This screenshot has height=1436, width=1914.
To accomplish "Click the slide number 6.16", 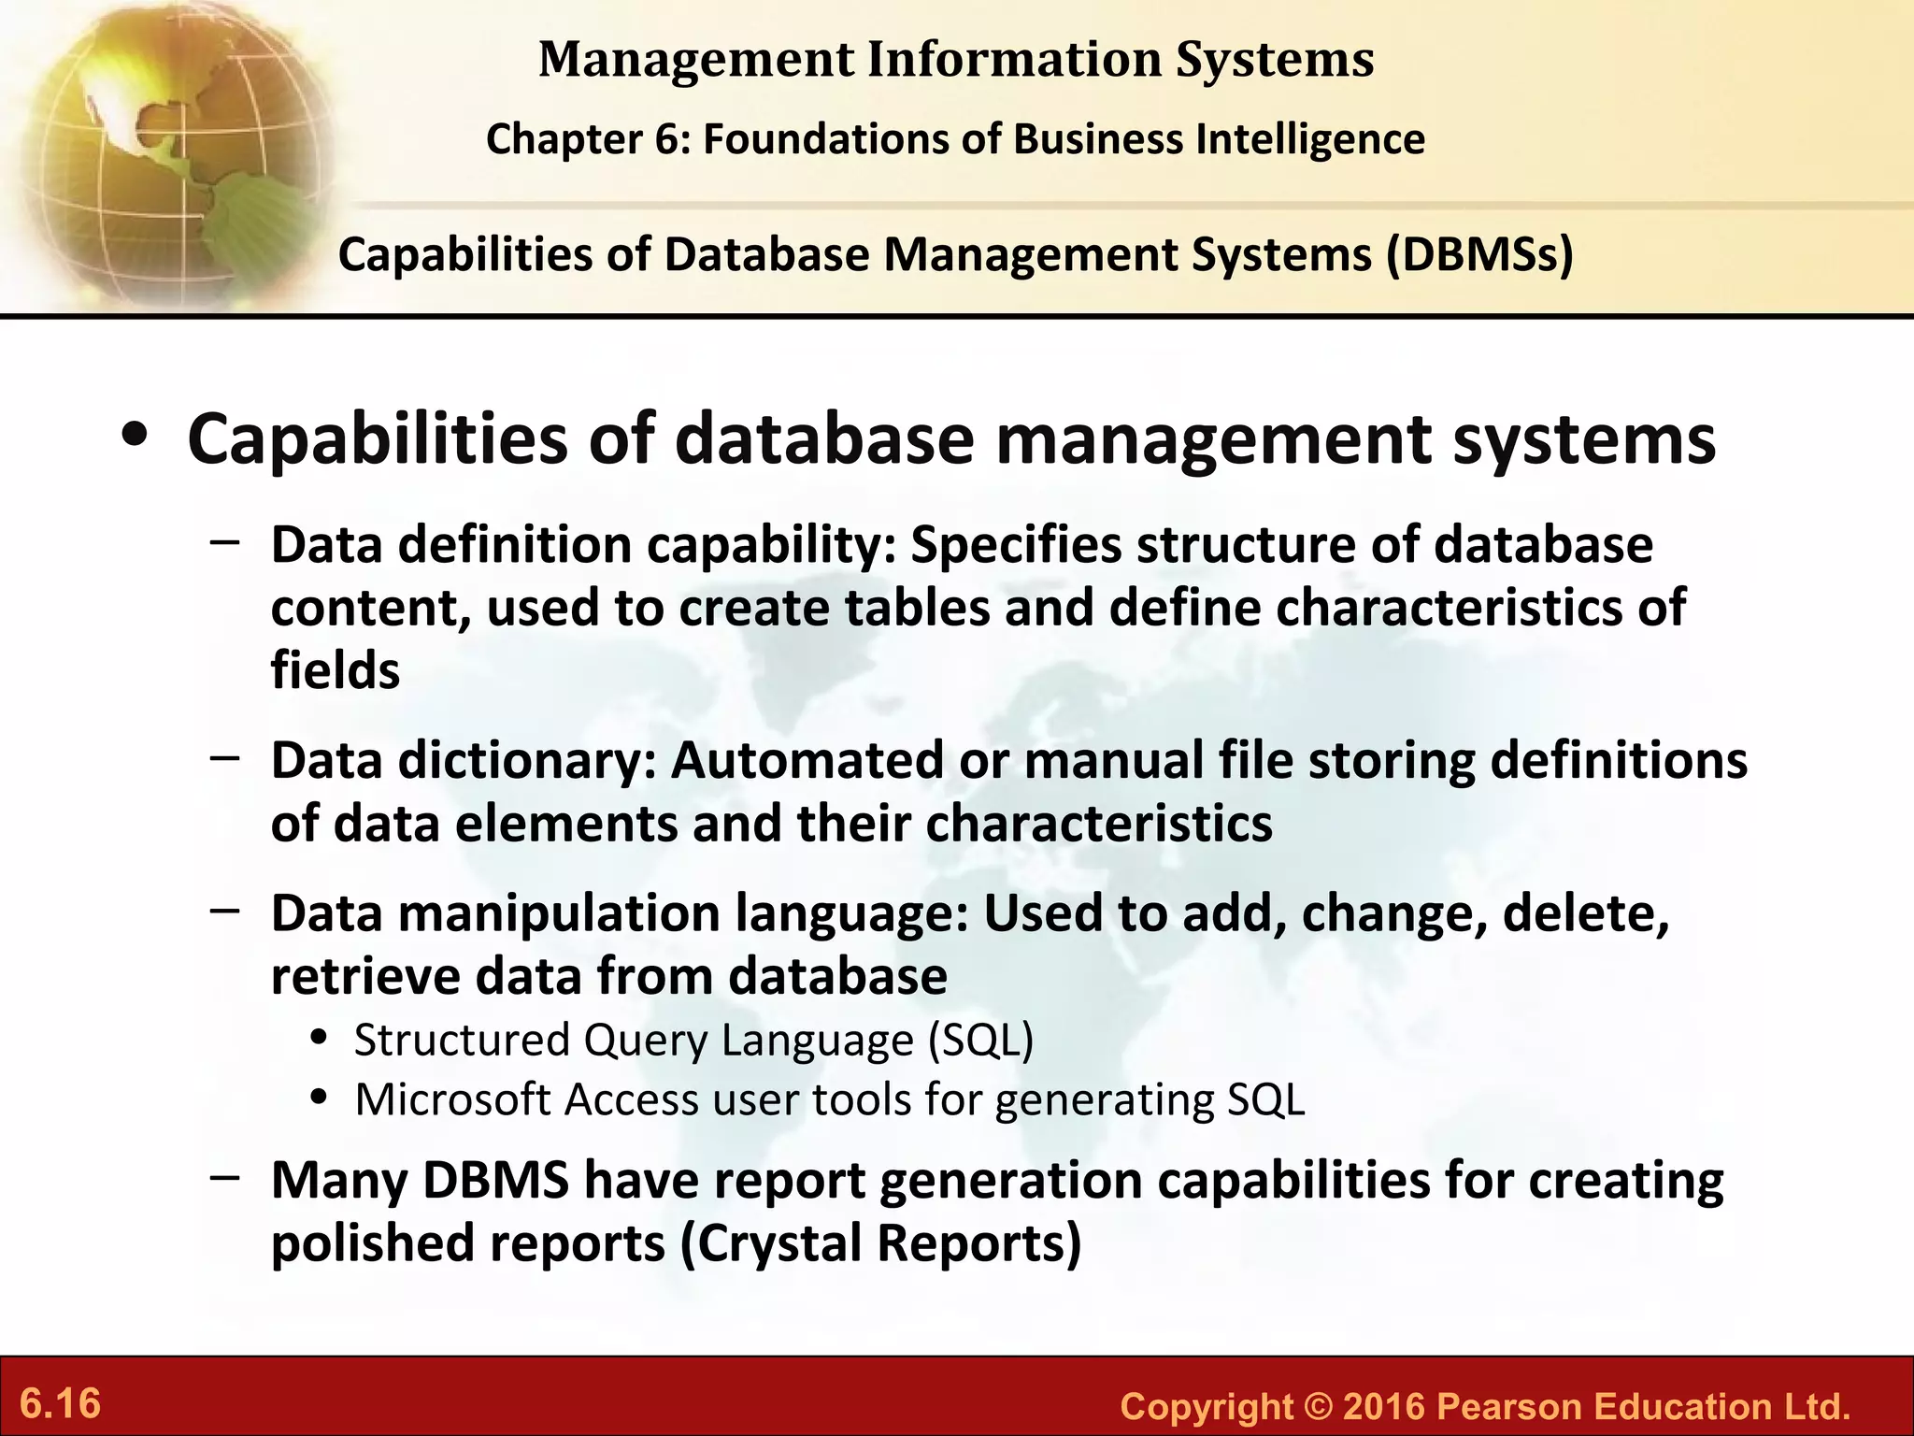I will [61, 1403].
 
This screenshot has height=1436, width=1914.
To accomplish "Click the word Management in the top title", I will [696, 60].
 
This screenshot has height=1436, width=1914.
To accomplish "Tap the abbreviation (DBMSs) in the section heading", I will [1479, 253].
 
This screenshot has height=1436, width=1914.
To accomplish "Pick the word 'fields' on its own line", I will [336, 670].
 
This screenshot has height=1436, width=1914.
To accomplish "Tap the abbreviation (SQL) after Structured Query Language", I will [980, 1040].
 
